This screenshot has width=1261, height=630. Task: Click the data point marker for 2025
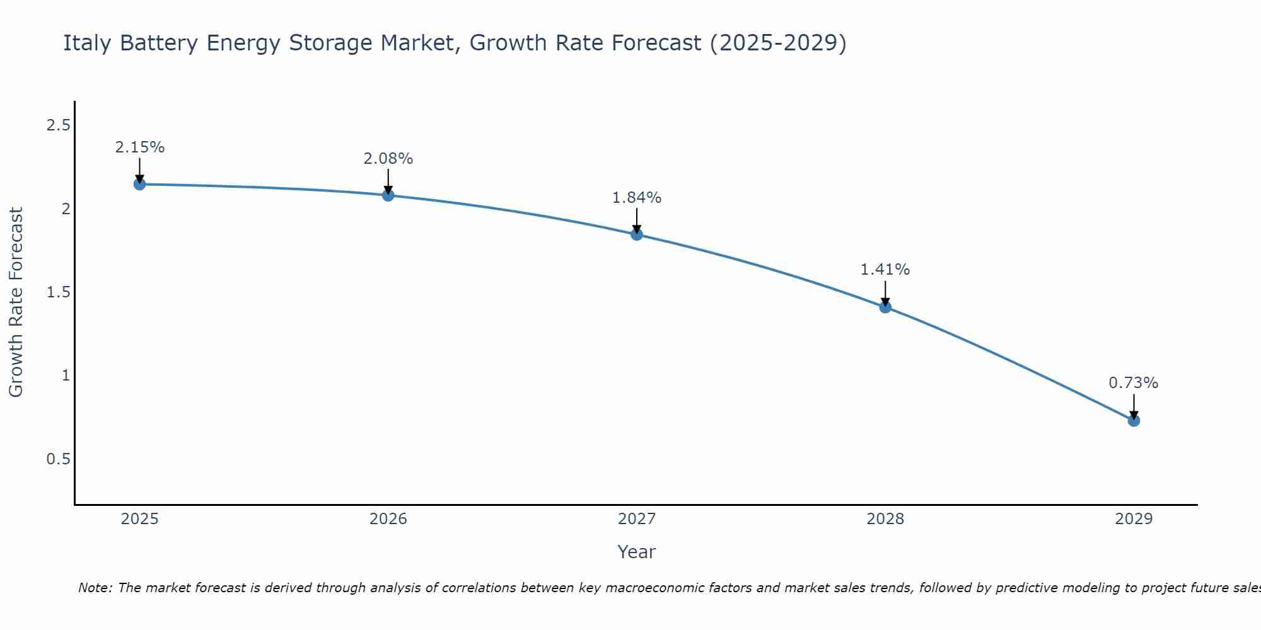click(x=139, y=184)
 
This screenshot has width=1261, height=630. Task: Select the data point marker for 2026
click(x=388, y=195)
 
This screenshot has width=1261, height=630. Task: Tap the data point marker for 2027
click(x=637, y=234)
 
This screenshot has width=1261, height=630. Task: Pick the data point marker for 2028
click(x=885, y=307)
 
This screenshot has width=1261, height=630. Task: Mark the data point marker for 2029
click(x=1134, y=420)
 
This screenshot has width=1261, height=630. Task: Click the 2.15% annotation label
click(x=139, y=147)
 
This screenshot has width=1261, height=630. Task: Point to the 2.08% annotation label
click(x=388, y=159)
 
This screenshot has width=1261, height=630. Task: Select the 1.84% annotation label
click(x=637, y=198)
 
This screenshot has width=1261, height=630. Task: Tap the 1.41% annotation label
click(x=885, y=270)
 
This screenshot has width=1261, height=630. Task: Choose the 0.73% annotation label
click(x=1134, y=383)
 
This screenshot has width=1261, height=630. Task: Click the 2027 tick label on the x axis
click(x=637, y=519)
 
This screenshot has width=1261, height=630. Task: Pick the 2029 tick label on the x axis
click(x=1134, y=519)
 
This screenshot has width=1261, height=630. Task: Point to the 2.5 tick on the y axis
click(x=58, y=125)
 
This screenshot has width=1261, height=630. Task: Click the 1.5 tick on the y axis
click(x=58, y=292)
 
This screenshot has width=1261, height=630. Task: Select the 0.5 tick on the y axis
click(x=58, y=459)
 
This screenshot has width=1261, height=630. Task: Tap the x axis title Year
click(x=637, y=552)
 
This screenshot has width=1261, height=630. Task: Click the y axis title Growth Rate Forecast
click(x=16, y=302)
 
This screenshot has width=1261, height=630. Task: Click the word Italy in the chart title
click(x=88, y=43)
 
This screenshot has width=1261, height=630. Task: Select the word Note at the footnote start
click(x=95, y=588)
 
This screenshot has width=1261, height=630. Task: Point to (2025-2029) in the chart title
click(x=777, y=43)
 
